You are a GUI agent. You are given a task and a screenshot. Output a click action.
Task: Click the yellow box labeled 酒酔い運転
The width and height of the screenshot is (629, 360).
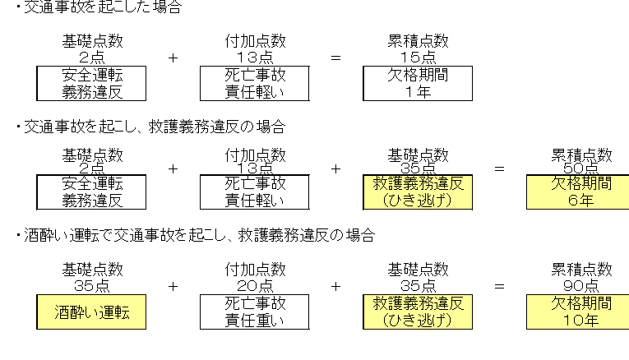point(91,312)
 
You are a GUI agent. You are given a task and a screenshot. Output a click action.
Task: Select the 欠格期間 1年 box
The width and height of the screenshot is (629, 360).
point(418,84)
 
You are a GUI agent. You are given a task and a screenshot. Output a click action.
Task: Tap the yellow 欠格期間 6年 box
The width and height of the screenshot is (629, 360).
point(581,192)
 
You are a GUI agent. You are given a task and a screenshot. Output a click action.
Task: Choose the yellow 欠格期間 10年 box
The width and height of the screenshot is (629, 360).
point(581,312)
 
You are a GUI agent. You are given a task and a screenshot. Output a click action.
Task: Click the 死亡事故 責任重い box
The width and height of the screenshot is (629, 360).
point(255,312)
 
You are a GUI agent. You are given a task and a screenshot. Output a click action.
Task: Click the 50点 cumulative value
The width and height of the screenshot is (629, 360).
point(581,168)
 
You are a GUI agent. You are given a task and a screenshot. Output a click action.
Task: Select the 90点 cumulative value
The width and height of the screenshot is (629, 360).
point(581,284)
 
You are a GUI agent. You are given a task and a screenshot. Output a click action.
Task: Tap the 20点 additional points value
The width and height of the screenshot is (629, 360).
point(255,284)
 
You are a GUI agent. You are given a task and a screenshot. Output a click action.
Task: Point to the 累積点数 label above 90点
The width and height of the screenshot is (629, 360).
point(581,269)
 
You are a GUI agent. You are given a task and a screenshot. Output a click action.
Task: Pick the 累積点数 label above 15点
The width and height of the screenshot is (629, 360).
point(418,40)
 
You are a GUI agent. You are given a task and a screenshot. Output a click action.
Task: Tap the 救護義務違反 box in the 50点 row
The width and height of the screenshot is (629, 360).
point(418,192)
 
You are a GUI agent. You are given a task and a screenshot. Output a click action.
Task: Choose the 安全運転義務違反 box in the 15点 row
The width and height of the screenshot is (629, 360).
point(91,84)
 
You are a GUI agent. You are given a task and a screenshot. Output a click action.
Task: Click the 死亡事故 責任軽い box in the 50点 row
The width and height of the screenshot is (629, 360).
point(255,192)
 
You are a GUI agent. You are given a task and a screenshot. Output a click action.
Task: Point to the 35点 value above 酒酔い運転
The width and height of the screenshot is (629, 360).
point(91,284)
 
